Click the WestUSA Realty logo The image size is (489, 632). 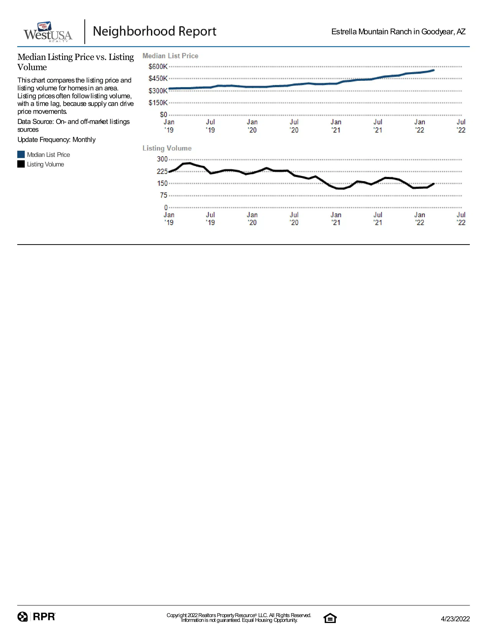click(48, 32)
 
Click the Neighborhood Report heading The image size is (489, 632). click(154, 31)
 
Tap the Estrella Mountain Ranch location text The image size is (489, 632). click(398, 32)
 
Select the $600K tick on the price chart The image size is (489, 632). click(158, 67)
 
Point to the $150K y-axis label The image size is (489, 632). click(158, 103)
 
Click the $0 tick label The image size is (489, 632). click(164, 115)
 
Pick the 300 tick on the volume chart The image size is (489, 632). click(162, 159)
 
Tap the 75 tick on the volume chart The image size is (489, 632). click(164, 195)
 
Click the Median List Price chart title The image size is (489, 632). click(170, 56)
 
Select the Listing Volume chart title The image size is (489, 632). click(167, 148)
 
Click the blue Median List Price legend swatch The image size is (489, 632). click(21, 154)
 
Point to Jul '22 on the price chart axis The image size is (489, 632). click(461, 126)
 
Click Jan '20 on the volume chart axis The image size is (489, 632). click(252, 219)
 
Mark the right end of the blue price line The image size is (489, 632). click(434, 70)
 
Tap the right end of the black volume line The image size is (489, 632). click(434, 184)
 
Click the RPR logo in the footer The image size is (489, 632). click(36, 617)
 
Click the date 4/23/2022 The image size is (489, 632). click(455, 619)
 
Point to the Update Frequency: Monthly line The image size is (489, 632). click(57, 140)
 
